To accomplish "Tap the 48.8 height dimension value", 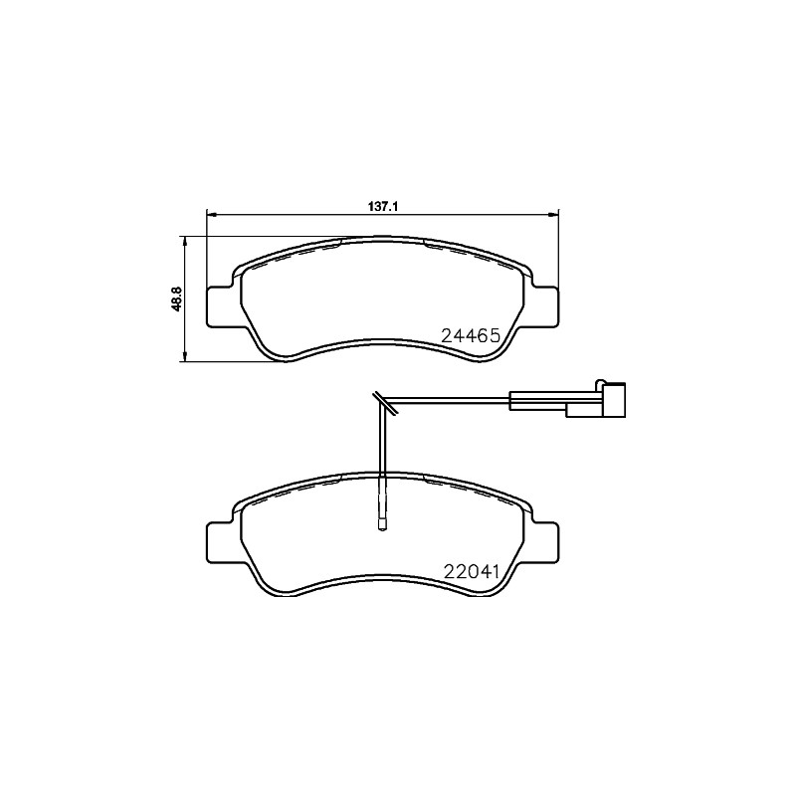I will (177, 299).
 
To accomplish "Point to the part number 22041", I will (469, 572).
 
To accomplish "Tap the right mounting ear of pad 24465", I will (543, 304).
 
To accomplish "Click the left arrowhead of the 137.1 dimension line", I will (210, 214).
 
